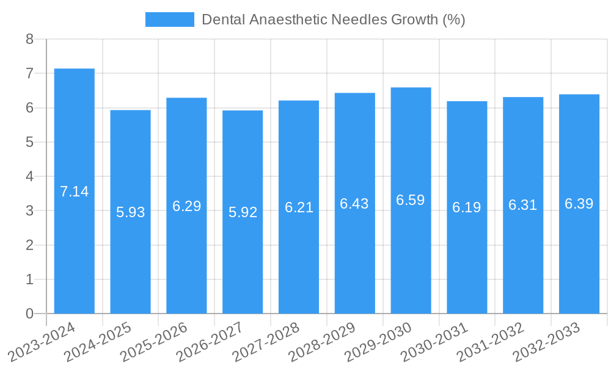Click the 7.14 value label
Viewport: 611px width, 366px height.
[x=75, y=192]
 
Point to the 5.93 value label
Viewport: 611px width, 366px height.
[x=131, y=212]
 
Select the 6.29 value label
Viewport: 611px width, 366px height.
[x=186, y=206]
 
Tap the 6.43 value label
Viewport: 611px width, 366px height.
[x=354, y=204]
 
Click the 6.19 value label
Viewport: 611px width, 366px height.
[x=467, y=207]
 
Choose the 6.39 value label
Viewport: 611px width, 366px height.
[x=579, y=204]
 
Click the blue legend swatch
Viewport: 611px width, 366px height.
[x=169, y=20]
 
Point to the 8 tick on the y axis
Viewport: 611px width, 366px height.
[x=29, y=39]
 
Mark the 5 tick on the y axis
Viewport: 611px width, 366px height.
[x=29, y=142]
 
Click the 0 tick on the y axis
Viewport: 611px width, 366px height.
[x=29, y=314]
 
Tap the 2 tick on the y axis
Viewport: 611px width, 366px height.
[x=29, y=245]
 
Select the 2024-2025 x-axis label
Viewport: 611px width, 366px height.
[x=98, y=342]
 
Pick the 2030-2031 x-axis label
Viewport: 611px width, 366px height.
[x=435, y=342]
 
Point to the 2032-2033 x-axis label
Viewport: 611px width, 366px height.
[x=547, y=342]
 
